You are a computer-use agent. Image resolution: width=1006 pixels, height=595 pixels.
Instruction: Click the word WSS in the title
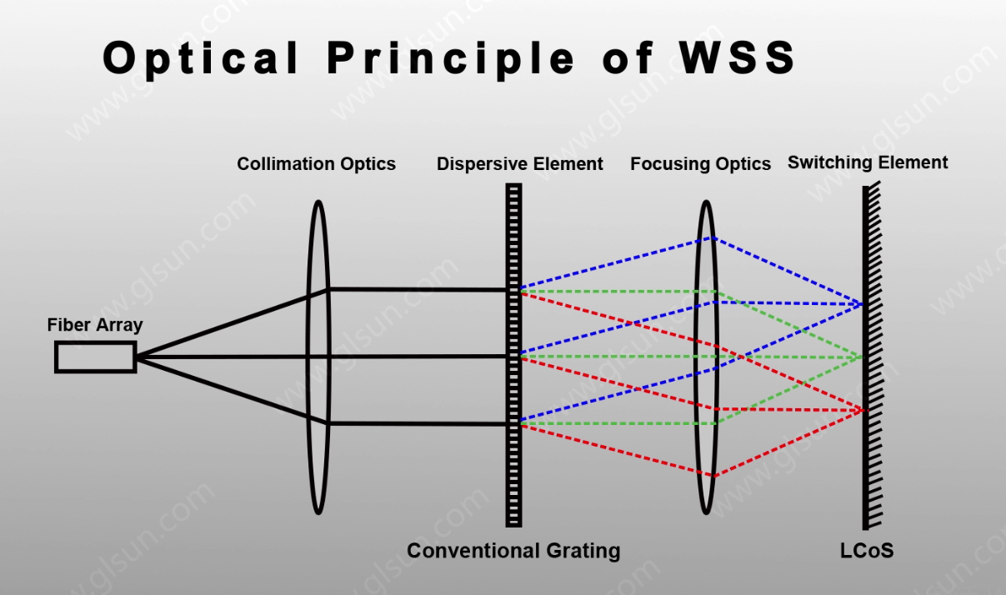737,57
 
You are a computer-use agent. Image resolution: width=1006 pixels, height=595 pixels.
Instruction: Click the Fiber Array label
95,325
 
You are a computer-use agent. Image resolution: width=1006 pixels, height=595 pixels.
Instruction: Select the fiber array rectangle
96,357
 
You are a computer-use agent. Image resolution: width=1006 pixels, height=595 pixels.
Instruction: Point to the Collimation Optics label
316,164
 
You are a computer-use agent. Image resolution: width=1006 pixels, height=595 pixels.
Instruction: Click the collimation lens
318,357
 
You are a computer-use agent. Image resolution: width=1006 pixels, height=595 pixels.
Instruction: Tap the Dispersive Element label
519,164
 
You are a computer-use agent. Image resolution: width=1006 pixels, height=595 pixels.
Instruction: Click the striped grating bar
513,355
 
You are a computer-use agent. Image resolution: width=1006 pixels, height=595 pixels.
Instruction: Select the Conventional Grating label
513,551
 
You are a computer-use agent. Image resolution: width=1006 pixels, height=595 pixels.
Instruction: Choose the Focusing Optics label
700,164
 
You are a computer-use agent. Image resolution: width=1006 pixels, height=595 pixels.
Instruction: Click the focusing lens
706,357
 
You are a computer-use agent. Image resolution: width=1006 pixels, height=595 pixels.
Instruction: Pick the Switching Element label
868,162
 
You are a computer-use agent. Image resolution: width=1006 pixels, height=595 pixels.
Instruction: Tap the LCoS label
867,551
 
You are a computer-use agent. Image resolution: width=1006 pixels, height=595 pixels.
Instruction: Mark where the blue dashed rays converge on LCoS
861,304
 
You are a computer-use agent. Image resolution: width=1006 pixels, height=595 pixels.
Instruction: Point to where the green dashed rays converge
861,357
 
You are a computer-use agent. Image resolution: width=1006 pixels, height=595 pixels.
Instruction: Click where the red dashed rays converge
863,410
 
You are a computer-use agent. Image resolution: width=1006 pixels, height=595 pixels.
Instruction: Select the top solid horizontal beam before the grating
418,290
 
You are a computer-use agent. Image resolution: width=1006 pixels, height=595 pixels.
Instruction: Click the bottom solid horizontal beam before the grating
418,423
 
